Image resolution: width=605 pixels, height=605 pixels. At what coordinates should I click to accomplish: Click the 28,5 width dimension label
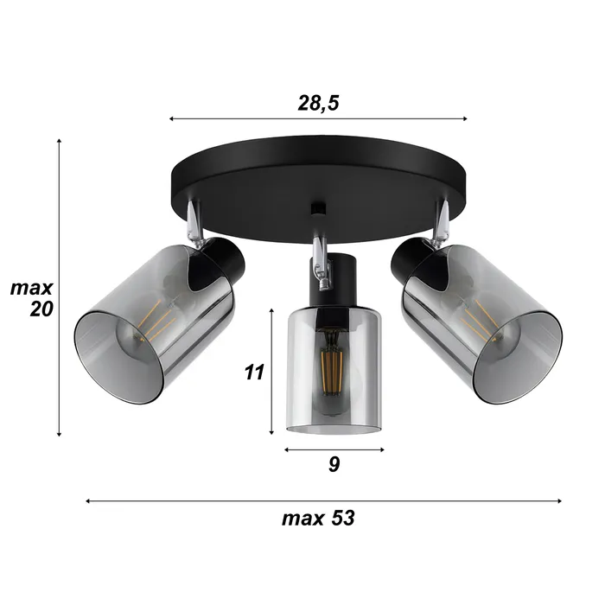317,103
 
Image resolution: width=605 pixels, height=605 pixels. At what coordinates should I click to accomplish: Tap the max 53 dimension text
317,519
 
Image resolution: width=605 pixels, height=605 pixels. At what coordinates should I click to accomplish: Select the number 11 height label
253,373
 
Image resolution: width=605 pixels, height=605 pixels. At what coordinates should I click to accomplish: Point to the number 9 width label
334,464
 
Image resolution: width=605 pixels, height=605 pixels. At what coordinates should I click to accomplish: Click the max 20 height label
32,298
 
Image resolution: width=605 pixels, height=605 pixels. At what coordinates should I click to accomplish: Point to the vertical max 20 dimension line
59,285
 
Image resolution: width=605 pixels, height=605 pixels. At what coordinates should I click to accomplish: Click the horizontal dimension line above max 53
324,500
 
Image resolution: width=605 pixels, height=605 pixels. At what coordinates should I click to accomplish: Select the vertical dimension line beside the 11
272,372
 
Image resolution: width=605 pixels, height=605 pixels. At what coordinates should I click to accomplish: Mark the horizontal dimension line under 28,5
317,118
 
